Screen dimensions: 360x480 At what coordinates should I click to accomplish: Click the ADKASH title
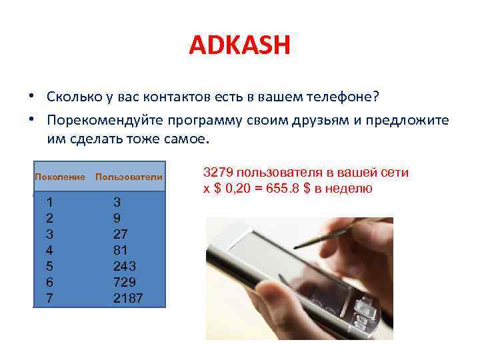(240, 46)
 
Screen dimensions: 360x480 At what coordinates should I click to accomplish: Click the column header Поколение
(60, 177)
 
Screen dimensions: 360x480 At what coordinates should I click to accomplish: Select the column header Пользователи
(129, 177)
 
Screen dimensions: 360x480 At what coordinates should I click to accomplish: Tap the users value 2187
(128, 298)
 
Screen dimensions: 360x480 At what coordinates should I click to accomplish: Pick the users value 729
(125, 282)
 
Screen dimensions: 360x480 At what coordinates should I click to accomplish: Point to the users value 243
(125, 266)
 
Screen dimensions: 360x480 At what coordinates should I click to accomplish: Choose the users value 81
(121, 250)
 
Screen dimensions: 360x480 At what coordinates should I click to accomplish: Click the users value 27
(121, 234)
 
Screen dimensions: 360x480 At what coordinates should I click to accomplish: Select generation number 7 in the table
(49, 298)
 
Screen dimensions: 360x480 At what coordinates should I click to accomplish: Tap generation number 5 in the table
(49, 266)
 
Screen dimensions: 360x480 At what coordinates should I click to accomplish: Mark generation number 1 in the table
(49, 202)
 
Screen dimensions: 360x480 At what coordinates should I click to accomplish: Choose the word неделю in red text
(349, 189)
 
